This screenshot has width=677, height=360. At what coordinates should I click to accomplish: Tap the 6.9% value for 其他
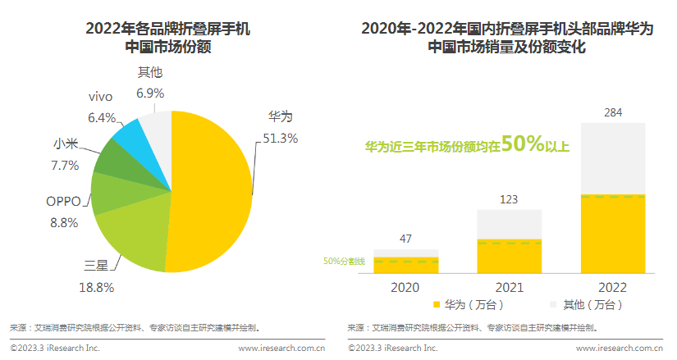(x=150, y=93)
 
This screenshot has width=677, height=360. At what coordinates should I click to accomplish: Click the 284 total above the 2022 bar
(x=613, y=111)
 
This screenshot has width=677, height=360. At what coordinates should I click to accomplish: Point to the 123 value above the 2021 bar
(x=510, y=198)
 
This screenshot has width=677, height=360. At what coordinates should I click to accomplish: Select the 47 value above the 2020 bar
(x=405, y=239)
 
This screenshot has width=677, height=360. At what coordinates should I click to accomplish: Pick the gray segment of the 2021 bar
(x=510, y=224)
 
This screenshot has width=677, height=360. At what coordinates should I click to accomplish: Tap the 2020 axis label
(x=405, y=287)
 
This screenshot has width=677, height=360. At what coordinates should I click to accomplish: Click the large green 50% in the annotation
(x=523, y=144)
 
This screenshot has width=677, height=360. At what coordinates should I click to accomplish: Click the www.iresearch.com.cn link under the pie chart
(x=281, y=348)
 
